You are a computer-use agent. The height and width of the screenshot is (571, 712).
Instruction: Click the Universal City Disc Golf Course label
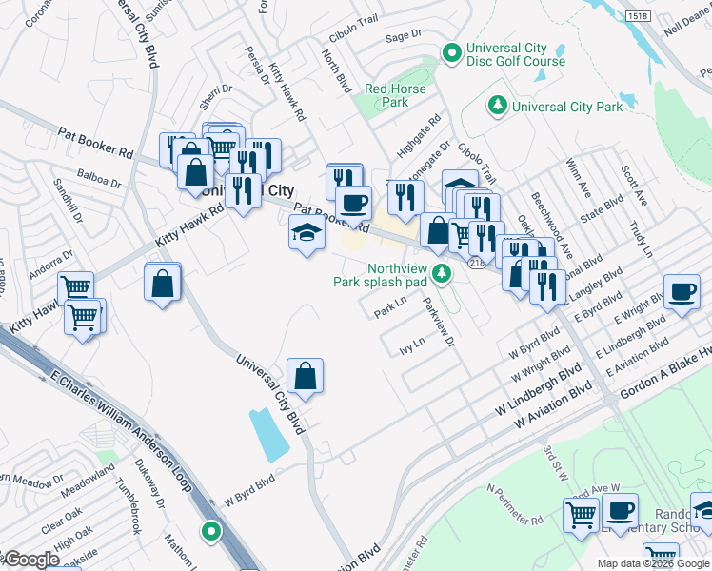click(x=515, y=55)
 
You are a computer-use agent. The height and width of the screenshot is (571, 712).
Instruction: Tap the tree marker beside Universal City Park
click(x=496, y=106)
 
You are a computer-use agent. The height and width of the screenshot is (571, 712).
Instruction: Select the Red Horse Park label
click(x=400, y=95)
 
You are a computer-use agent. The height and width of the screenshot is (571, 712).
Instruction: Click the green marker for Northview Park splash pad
click(x=441, y=274)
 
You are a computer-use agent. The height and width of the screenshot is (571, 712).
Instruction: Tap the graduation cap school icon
click(x=306, y=233)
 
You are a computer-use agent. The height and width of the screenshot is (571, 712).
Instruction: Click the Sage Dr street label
click(x=403, y=36)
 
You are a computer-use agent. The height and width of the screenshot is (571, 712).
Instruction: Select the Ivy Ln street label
click(x=411, y=345)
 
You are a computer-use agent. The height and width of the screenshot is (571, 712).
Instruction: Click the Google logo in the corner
click(x=30, y=560)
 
